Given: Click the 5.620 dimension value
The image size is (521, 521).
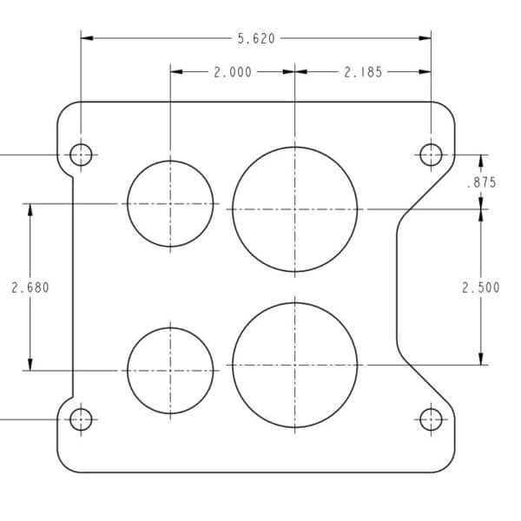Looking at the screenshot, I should pyautogui.click(x=256, y=38).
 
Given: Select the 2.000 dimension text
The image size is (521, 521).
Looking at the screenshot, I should pyautogui.click(x=233, y=72).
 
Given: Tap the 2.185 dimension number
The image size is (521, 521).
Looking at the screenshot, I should pyautogui.click(x=363, y=72).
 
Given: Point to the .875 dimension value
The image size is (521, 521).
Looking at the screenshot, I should pyautogui.click(x=481, y=182).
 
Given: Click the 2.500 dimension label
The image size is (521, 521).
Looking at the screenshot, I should pyautogui.click(x=481, y=287).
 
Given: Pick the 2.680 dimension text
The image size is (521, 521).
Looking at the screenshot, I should pyautogui.click(x=30, y=287).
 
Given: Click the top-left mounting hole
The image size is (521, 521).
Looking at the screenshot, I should pyautogui.click(x=81, y=155).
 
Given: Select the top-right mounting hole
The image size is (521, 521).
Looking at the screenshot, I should pyautogui.click(x=431, y=155).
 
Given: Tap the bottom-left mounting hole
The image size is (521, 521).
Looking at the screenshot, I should pyautogui.click(x=81, y=419).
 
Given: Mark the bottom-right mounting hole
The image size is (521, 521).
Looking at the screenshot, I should pyautogui.click(x=431, y=419).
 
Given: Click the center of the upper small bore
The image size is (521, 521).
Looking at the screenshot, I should pyautogui.click(x=170, y=204).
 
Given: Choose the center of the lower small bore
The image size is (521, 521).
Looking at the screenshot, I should pyautogui.click(x=170, y=371).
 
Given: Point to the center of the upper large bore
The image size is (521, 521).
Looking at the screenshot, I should pyautogui.click(x=294, y=208).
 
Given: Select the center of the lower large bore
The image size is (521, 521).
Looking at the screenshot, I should pyautogui.click(x=294, y=365).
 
